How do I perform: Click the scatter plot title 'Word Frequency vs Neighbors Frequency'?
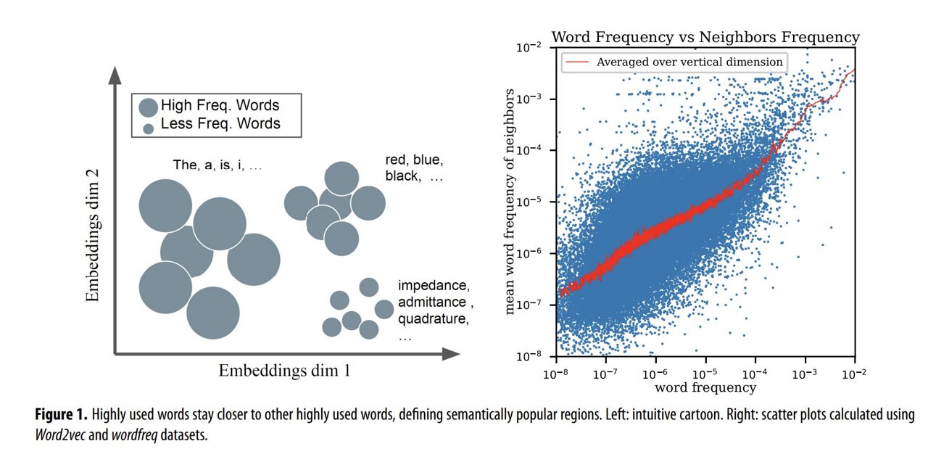[705, 37]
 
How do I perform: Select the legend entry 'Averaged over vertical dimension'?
[689, 62]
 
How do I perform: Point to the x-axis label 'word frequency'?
[705, 387]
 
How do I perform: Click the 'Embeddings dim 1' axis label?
[284, 371]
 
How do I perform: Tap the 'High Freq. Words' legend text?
[220, 105]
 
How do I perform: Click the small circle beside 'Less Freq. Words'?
[149, 128]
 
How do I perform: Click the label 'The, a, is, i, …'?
[217, 165]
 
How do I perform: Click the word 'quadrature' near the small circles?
[431, 319]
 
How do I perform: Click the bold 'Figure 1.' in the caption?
[62, 416]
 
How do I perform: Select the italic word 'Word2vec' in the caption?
[61, 435]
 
